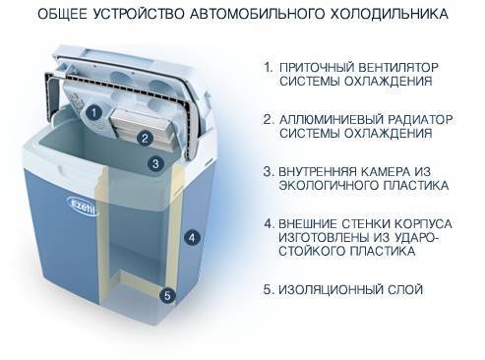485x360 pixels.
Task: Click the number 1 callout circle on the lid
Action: [94, 113]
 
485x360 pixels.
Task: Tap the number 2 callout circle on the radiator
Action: [145, 139]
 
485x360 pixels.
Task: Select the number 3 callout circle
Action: [155, 163]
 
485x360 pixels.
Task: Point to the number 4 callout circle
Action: [192, 237]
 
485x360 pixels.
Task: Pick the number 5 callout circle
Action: [167, 296]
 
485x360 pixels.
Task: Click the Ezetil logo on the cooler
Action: [83, 205]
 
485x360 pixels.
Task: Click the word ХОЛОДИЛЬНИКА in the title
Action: [389, 14]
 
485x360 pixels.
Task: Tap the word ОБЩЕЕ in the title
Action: [63, 14]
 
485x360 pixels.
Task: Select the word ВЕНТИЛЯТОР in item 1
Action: [398, 67]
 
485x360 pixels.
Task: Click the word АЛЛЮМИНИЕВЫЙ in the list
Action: [332, 119]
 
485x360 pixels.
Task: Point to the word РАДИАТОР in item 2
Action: [420, 119]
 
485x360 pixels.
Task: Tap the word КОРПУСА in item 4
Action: [423, 224]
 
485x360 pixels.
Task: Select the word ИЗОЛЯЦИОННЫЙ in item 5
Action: [331, 289]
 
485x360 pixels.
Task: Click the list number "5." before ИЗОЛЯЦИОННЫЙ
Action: [269, 289]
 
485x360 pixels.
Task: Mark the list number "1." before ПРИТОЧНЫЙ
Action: [269, 67]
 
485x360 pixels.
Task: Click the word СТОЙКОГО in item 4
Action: [312, 251]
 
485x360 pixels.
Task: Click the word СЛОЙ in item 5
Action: [405, 289]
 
